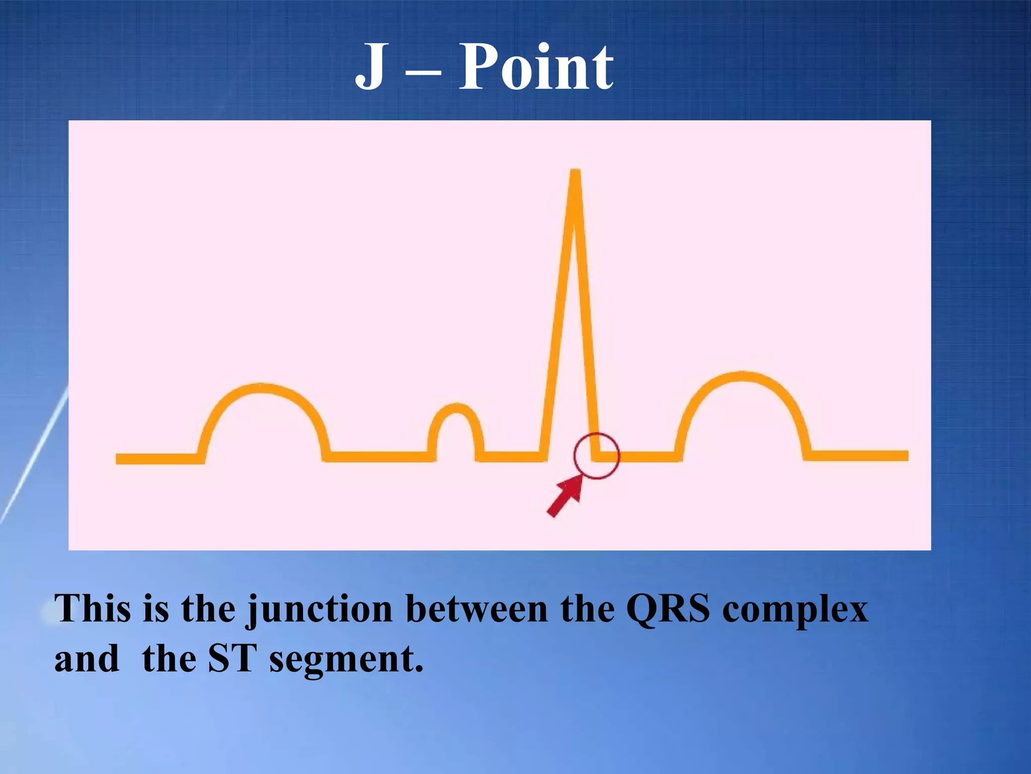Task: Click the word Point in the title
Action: click(536, 67)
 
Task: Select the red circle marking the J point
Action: click(597, 456)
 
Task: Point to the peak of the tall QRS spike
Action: click(575, 174)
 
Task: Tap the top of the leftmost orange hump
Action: click(262, 389)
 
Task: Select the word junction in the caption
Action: click(319, 610)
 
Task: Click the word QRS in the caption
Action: click(668, 609)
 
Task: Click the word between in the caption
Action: click(476, 609)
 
